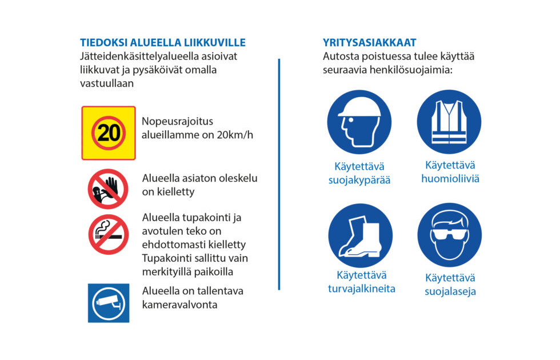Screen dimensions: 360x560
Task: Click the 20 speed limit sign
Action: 109,133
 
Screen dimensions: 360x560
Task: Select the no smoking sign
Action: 108,234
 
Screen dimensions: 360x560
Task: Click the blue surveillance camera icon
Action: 108,303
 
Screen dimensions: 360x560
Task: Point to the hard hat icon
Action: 359,122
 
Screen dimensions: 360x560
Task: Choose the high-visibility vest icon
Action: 449,122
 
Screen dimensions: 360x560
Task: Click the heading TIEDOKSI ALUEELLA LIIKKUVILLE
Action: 163,43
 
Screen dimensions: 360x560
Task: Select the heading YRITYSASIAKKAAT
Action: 369,43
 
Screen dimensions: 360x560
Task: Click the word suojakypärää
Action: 359,181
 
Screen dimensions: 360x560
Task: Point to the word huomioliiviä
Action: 450,179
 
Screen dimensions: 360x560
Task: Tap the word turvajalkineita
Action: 361,289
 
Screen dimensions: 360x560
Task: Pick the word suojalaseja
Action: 450,291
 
